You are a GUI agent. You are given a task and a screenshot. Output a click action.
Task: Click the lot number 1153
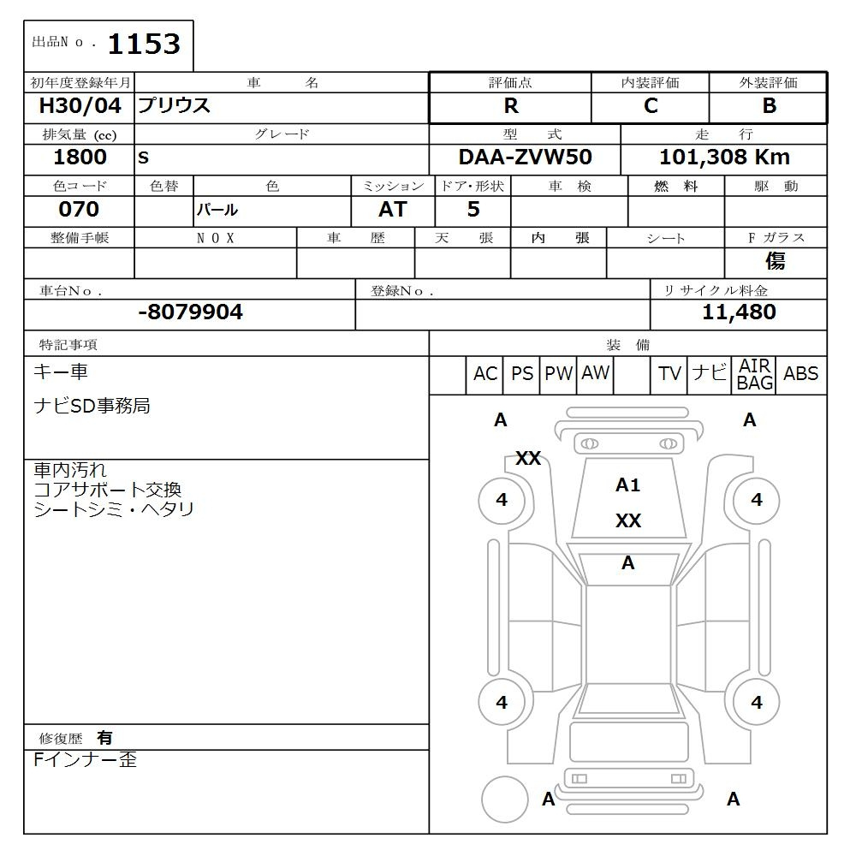coord(144,45)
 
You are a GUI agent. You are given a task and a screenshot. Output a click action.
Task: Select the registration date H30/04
coord(80,105)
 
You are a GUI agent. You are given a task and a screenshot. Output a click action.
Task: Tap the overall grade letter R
coord(511,106)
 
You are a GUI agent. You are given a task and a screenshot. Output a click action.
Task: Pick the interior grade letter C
coord(651,106)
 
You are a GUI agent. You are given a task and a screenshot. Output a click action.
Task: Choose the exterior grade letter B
coord(770,106)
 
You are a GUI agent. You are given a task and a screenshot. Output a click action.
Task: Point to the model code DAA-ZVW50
coord(526,158)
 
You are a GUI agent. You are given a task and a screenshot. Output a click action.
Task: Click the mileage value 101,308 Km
coord(724,158)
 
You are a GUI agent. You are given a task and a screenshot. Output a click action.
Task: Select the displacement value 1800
coord(80,158)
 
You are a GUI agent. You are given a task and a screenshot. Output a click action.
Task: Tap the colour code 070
coord(79,209)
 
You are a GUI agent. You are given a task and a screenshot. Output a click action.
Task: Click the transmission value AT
coord(393,209)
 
